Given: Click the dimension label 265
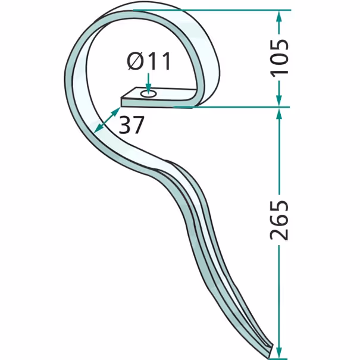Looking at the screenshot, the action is click(279, 220).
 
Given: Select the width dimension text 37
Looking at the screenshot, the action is click(132, 125).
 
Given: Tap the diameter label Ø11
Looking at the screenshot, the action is click(149, 61).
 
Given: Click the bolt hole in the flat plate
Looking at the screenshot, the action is click(149, 93).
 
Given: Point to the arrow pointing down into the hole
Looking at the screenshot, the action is click(149, 83).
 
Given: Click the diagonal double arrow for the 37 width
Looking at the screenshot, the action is click(107, 120).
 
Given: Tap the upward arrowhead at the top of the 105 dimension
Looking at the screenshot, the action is click(279, 16).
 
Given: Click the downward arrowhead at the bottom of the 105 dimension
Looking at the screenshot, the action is click(279, 101).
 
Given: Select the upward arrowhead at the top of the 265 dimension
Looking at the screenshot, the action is click(279, 114).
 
